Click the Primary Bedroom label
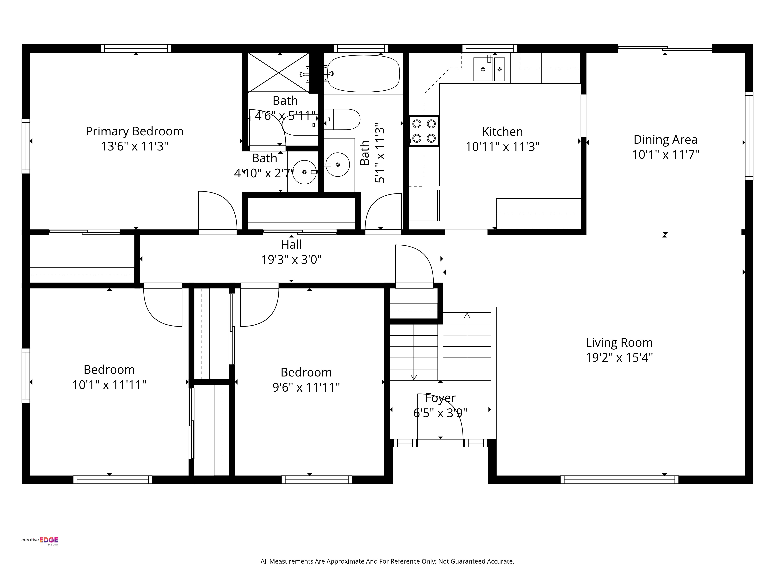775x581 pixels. click(x=134, y=131)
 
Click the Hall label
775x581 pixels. click(x=291, y=244)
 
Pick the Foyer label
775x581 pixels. click(x=440, y=398)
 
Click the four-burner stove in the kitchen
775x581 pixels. click(x=424, y=131)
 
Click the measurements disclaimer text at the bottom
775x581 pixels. click(x=387, y=561)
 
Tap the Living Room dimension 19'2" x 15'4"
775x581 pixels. click(x=619, y=358)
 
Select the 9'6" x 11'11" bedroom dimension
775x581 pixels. click(x=306, y=387)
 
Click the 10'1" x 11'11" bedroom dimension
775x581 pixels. click(x=109, y=385)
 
